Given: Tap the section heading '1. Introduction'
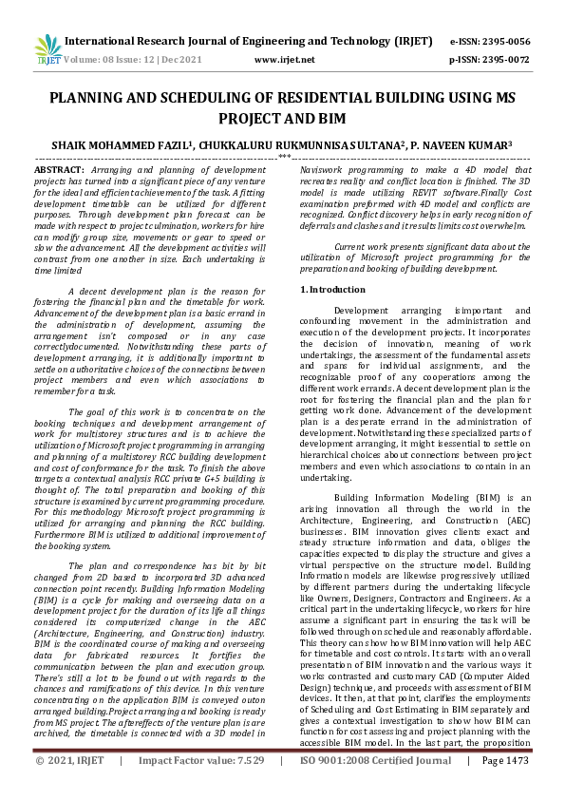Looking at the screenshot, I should [331, 289].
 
